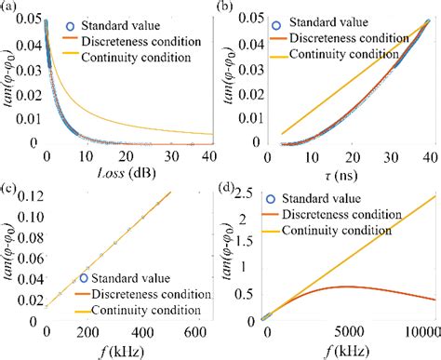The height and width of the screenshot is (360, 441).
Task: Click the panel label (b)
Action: click(228, 8)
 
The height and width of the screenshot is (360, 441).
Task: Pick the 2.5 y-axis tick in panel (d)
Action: click(248, 198)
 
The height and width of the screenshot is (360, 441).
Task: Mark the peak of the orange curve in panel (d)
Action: click(346, 287)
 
